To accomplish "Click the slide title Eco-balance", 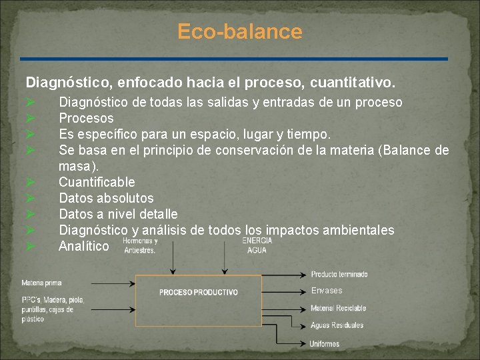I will (x=240, y=31).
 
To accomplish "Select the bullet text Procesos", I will (x=86, y=118).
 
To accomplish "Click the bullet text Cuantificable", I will (x=97, y=182).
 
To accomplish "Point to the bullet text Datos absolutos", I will (x=106, y=198).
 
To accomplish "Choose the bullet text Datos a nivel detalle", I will (x=118, y=214).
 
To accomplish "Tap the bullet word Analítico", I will (x=83, y=246).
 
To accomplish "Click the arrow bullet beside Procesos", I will (x=30, y=118).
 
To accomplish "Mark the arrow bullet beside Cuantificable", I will (x=30, y=182).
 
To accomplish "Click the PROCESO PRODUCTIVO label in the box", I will (x=199, y=292).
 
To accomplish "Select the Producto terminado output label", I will (x=339, y=274).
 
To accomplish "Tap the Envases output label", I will (x=326, y=291).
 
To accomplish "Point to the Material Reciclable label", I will (x=338, y=308).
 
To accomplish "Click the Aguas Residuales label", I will (x=337, y=325).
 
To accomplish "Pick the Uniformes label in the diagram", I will (x=325, y=344).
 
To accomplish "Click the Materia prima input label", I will (x=41, y=283).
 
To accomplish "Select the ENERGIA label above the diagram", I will (x=257, y=241).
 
